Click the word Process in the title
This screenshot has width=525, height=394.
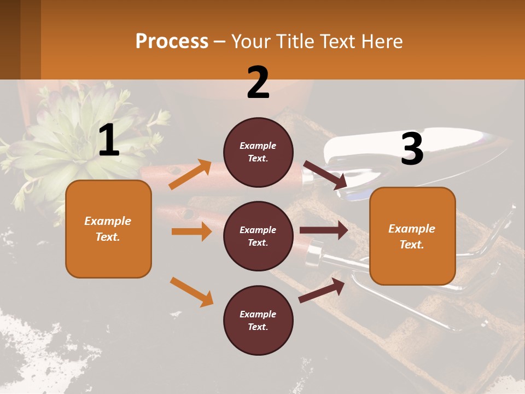pos(172,42)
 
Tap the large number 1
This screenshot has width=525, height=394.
pos(109,141)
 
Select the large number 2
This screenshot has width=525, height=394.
pos(258,82)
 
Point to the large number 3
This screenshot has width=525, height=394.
pos(412,149)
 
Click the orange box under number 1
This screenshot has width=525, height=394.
pos(108,229)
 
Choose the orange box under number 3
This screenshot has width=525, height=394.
pos(412,236)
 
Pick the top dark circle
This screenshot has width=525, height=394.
pos(258,152)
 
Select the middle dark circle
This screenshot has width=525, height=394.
pos(258,236)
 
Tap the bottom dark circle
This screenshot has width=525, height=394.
pos(258,320)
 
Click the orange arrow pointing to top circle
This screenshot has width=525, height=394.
pos(190,174)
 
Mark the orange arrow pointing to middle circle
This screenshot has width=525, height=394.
pos(191,231)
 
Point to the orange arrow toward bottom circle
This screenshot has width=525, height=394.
pos(191,292)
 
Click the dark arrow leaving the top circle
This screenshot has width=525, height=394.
pos(325,175)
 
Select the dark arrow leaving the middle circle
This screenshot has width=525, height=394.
pos(324,230)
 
